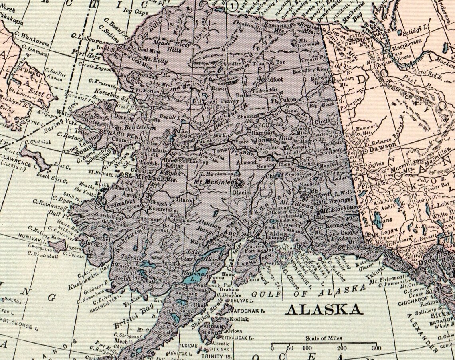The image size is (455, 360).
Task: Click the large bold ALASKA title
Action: [x=324, y=309]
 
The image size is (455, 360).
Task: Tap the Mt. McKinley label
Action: [x=215, y=181]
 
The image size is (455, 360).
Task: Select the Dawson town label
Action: [x=379, y=146]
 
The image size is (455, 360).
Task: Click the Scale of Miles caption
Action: [x=324, y=338]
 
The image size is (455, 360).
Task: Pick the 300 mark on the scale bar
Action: [x=375, y=348]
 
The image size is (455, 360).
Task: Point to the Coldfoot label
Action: [x=272, y=79]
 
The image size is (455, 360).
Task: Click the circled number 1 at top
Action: [x=232, y=5]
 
